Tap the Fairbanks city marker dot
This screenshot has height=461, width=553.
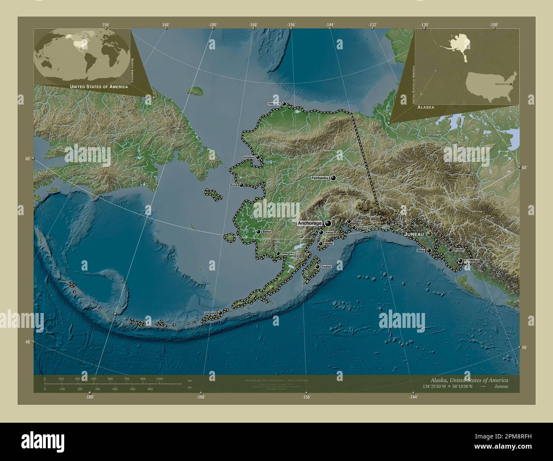334,178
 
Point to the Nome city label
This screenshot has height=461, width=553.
233,185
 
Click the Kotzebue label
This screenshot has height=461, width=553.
248,157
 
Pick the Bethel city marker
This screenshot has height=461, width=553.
258,232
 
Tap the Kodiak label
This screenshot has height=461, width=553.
326,267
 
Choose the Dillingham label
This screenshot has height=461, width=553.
288,253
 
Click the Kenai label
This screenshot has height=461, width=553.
329,233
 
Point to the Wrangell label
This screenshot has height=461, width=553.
458,250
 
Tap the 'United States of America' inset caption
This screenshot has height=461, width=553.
99,87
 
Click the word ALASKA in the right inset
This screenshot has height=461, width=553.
426,108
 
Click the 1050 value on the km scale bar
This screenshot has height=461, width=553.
160,378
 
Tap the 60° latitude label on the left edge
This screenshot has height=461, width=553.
27,159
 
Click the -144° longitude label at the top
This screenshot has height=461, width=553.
330,25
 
